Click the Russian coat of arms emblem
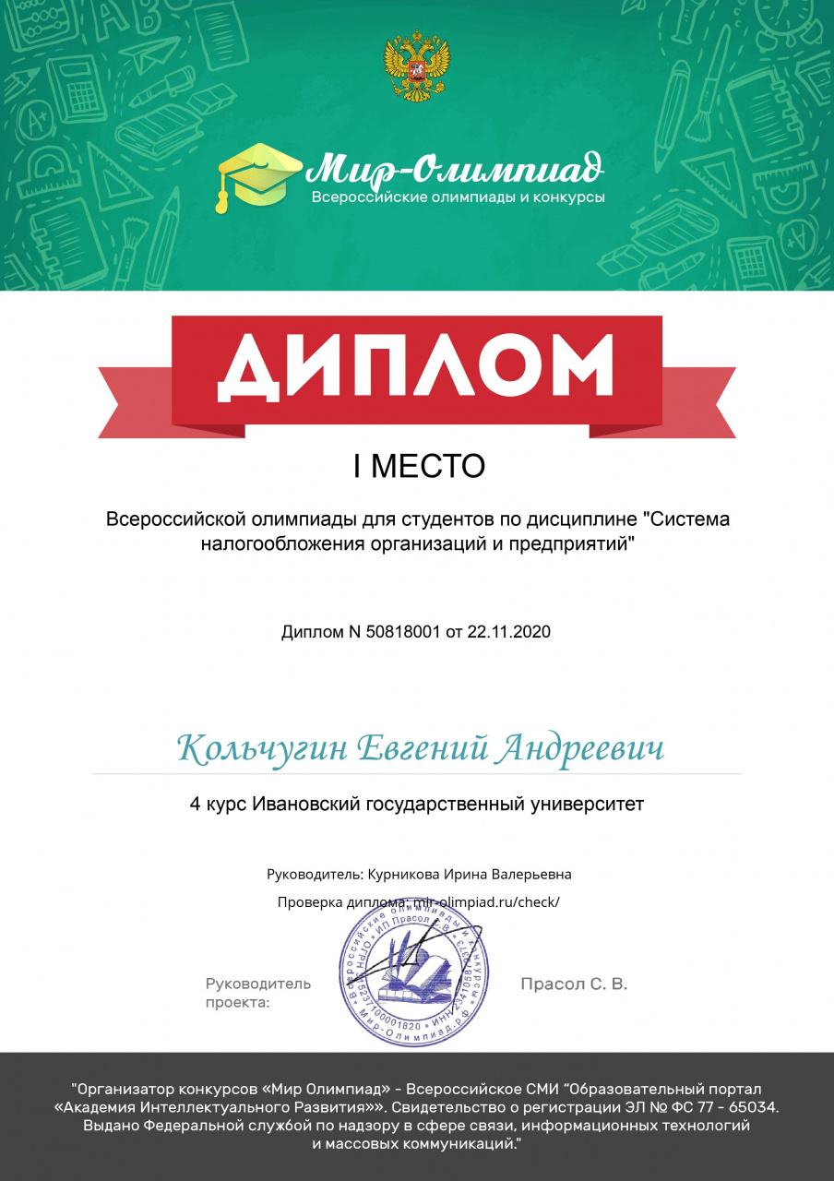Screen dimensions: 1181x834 [x=417, y=64]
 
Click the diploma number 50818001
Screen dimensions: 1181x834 [x=403, y=632]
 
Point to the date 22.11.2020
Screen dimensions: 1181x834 [x=508, y=632]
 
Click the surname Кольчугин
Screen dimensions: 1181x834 [x=260, y=748]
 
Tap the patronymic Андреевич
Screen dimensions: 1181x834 [x=579, y=748]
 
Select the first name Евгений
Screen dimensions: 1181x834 [x=421, y=748]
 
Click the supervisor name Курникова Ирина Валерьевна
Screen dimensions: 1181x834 [x=470, y=873]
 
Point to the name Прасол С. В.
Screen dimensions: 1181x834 [x=574, y=984]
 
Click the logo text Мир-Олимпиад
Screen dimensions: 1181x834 [x=456, y=169]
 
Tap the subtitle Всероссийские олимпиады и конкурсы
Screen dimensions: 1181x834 [x=458, y=197]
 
